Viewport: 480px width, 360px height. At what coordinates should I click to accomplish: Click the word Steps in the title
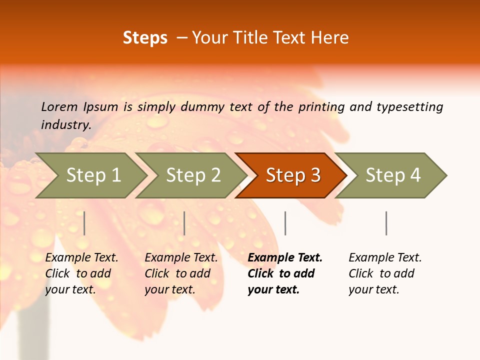click(145, 38)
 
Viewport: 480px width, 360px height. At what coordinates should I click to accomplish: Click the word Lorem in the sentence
click(59, 106)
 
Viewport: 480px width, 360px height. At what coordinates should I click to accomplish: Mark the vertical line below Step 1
click(84, 223)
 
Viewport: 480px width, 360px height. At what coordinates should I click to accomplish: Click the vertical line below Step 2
click(184, 223)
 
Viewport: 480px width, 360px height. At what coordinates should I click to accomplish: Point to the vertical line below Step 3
click(285, 223)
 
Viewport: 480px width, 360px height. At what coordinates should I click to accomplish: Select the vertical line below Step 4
click(386, 223)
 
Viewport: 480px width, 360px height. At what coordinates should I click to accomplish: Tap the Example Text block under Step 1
click(81, 273)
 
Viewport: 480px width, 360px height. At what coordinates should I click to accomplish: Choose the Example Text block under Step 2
click(181, 273)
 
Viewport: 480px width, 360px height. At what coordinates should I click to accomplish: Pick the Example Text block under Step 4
click(385, 273)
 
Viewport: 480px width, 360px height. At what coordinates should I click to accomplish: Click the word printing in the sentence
click(321, 106)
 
